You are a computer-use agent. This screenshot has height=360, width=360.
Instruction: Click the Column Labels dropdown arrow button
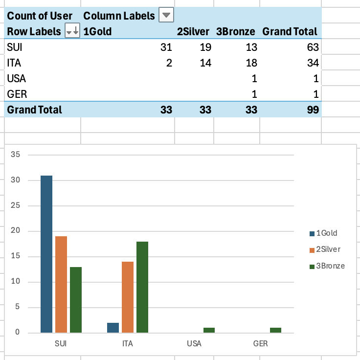pos(167,16)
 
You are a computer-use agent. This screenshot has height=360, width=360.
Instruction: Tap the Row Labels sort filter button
pos(72,32)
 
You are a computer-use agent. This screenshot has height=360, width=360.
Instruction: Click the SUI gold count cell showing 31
pos(166,47)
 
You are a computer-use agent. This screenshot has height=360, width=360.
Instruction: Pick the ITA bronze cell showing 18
pos(251,63)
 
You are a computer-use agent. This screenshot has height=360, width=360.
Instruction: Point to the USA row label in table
pos(17,79)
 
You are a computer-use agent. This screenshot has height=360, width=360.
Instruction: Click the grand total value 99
pos(313,110)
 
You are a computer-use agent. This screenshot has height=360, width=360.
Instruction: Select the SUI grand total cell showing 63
pos(313,47)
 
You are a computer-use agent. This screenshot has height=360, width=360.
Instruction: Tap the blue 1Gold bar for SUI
pos(46,254)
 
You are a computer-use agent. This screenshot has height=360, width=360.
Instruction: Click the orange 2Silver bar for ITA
pos(128,297)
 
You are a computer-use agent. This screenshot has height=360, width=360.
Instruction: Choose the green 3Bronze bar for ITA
pos(142,287)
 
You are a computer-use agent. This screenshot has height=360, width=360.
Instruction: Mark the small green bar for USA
pos(209,330)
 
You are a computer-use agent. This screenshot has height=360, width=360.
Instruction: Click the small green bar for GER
pos(276,330)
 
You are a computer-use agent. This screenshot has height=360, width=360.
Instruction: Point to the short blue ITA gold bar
pos(113,328)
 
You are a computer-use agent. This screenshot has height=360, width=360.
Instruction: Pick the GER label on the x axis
pos(261,343)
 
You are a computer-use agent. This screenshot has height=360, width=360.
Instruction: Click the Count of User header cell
pos(40,16)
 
